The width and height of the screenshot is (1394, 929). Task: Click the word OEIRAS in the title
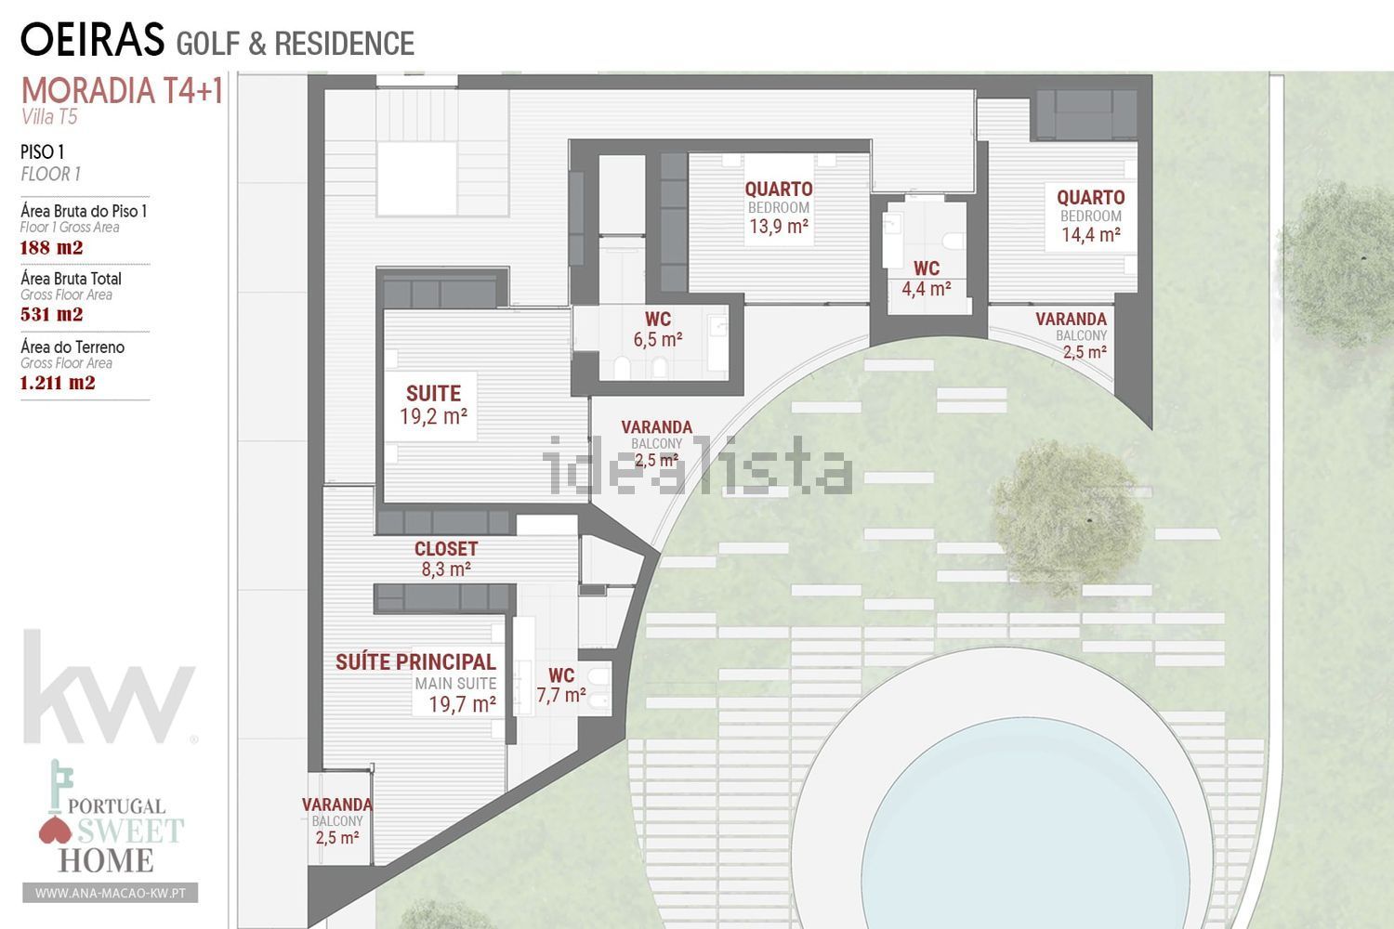coord(93,39)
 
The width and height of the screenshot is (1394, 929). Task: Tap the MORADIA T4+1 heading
coord(122,91)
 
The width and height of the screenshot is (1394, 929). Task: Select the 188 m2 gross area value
coord(52,248)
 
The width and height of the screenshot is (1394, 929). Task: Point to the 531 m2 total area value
coord(52,314)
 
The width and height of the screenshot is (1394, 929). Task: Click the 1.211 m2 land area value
coord(58,382)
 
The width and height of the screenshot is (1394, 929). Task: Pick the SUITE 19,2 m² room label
coord(434,405)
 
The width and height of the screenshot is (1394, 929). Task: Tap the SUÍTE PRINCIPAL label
coord(415,662)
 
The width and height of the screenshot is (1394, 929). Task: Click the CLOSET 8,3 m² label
coord(446,558)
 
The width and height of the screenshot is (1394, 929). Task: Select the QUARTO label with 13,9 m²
coord(779,207)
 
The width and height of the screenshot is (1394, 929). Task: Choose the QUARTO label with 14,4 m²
coord(1091,216)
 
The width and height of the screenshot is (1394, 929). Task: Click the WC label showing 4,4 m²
coord(927,278)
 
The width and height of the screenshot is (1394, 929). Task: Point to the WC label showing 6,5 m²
coord(658,329)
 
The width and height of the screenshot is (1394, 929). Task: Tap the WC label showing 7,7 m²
coord(561,685)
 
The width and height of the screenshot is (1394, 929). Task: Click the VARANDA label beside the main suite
coord(337,820)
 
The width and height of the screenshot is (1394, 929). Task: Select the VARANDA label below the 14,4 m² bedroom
coord(1071,335)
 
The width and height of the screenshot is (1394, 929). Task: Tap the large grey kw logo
coord(109,687)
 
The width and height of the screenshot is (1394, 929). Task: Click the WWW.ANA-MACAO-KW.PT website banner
coord(111,893)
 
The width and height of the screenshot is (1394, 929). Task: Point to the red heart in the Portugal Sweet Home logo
coord(55,831)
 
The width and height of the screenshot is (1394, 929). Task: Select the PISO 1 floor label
coord(43,152)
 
